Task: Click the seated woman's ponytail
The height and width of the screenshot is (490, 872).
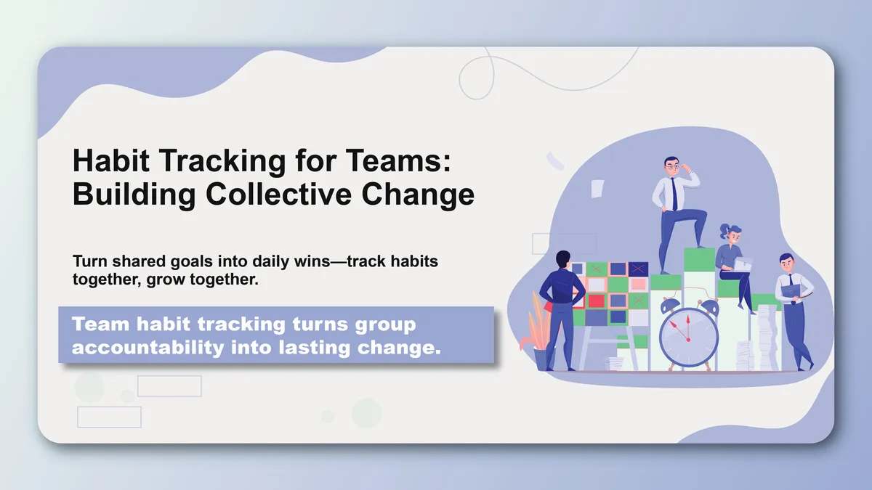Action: (x=724, y=232)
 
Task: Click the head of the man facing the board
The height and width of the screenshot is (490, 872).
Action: (x=562, y=260)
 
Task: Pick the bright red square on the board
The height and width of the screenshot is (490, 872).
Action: (x=596, y=301)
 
